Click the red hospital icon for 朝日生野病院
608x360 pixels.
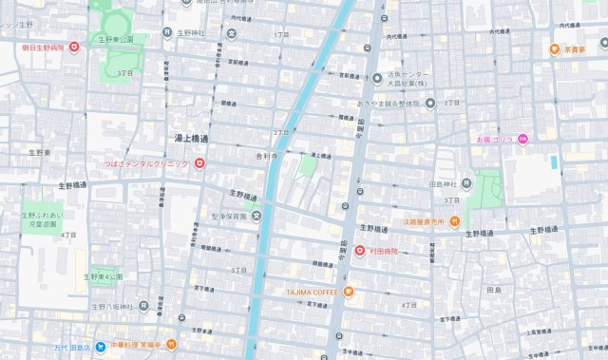tap(74, 47)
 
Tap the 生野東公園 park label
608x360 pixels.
tap(122, 39)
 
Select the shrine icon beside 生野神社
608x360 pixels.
tap(167, 33)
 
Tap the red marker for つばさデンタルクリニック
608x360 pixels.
tap(199, 163)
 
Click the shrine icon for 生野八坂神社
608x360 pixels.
tap(142, 306)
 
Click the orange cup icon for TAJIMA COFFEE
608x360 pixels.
tap(349, 292)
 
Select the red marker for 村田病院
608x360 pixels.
tap(360, 251)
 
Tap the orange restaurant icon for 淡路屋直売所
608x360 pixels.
tap(455, 221)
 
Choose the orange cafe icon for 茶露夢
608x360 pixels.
tap(554, 48)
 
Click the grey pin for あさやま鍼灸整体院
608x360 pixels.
tap(429, 103)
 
